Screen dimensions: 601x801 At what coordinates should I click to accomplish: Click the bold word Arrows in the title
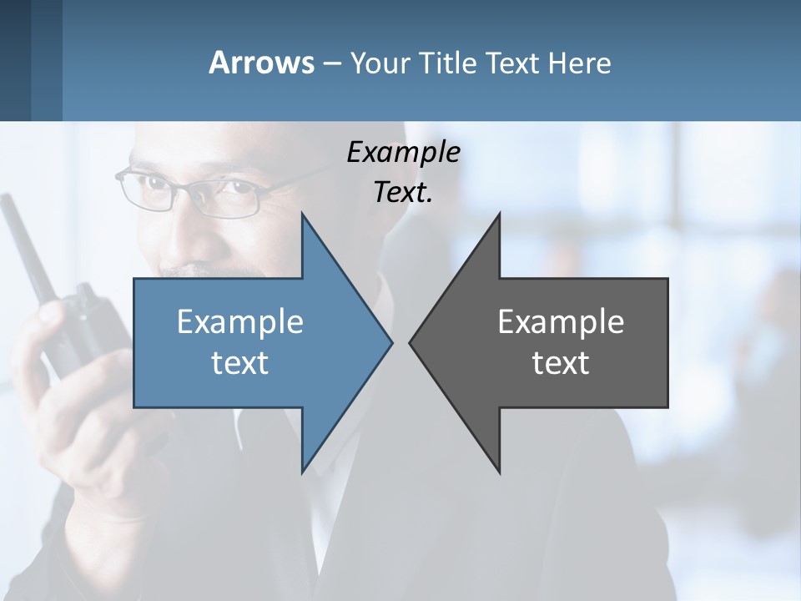point(261,63)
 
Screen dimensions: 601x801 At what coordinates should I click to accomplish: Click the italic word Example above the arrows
point(403,152)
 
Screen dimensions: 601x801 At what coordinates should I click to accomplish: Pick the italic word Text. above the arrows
point(403,193)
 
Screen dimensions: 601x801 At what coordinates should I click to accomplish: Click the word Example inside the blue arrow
point(240,321)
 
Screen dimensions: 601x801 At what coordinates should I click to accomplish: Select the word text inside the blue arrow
point(240,363)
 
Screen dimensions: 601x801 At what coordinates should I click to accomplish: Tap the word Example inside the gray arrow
point(561,321)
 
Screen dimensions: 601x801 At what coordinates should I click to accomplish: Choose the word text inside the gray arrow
point(561,363)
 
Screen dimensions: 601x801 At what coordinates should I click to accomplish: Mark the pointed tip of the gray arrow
point(411,342)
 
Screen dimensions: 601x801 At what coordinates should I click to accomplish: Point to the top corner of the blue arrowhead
point(302,214)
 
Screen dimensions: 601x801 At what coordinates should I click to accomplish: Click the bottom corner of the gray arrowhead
point(499,472)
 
